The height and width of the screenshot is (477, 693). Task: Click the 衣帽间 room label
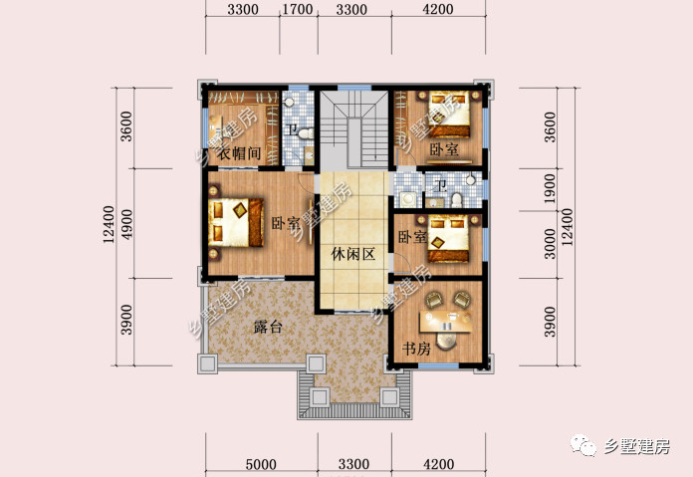click(x=239, y=153)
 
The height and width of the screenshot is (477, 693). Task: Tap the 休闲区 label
click(x=353, y=254)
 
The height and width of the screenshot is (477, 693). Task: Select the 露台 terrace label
click(x=268, y=328)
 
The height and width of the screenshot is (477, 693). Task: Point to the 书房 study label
click(x=416, y=349)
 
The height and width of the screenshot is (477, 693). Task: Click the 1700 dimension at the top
click(x=298, y=9)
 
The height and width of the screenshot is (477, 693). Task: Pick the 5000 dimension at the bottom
click(x=261, y=464)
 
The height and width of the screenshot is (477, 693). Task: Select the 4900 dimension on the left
click(x=126, y=225)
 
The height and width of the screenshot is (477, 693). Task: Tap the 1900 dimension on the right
click(x=549, y=189)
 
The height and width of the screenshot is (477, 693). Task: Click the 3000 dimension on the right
click(x=550, y=244)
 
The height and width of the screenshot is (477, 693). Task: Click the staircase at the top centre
click(x=354, y=128)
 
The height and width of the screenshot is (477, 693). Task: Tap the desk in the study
click(x=445, y=322)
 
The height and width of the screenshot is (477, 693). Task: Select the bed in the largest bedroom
click(x=236, y=222)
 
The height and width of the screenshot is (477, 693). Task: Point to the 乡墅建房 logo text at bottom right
click(x=636, y=447)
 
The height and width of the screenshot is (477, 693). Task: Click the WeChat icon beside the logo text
click(x=583, y=445)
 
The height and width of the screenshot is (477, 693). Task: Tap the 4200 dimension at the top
click(x=438, y=9)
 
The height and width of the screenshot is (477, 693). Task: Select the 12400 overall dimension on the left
click(x=109, y=225)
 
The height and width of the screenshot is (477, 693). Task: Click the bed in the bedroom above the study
click(x=448, y=239)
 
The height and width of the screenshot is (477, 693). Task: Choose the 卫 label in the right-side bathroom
click(x=441, y=185)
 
